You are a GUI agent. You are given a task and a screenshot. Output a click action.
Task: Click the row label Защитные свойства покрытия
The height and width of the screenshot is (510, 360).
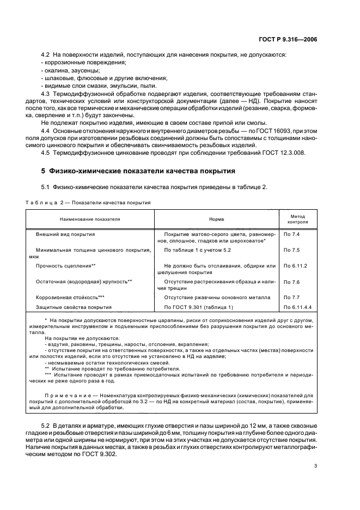(74, 307)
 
